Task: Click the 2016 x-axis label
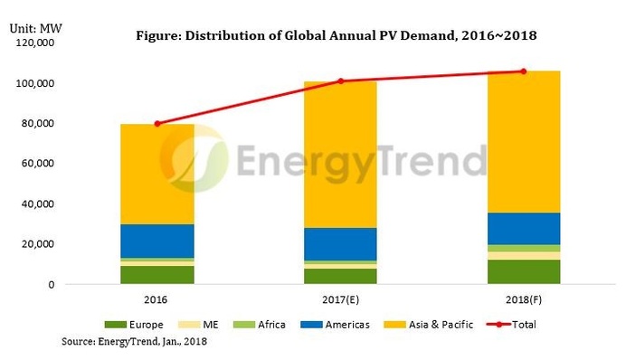pyautogui.click(x=157, y=298)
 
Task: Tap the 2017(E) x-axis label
pyautogui.click(x=340, y=298)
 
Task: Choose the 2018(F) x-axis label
pyautogui.click(x=523, y=298)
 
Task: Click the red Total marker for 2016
pyautogui.click(x=157, y=124)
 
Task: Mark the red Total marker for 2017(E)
pyautogui.click(x=340, y=81)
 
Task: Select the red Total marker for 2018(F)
pyautogui.click(x=523, y=71)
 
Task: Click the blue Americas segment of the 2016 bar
pyautogui.click(x=157, y=241)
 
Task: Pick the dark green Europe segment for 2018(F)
pyautogui.click(x=523, y=271)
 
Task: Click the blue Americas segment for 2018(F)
pyautogui.click(x=523, y=228)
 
